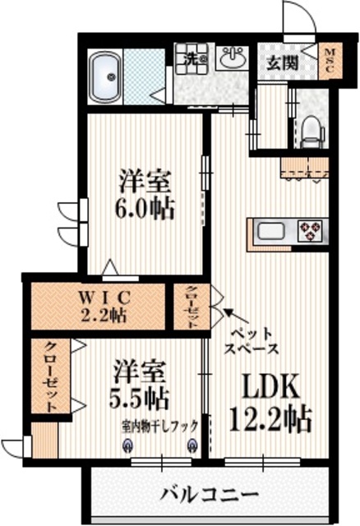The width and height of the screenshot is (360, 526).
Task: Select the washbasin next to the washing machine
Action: (x=233, y=58)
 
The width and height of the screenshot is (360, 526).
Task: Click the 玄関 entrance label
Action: (x=280, y=64)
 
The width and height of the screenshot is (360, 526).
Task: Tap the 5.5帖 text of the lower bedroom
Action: (x=141, y=399)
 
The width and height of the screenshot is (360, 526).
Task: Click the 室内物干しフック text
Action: (x=159, y=426)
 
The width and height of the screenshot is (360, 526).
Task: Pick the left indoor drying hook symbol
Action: (x=127, y=445)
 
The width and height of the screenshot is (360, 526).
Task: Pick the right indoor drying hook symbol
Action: (x=192, y=445)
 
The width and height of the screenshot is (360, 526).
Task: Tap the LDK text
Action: (x=267, y=386)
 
